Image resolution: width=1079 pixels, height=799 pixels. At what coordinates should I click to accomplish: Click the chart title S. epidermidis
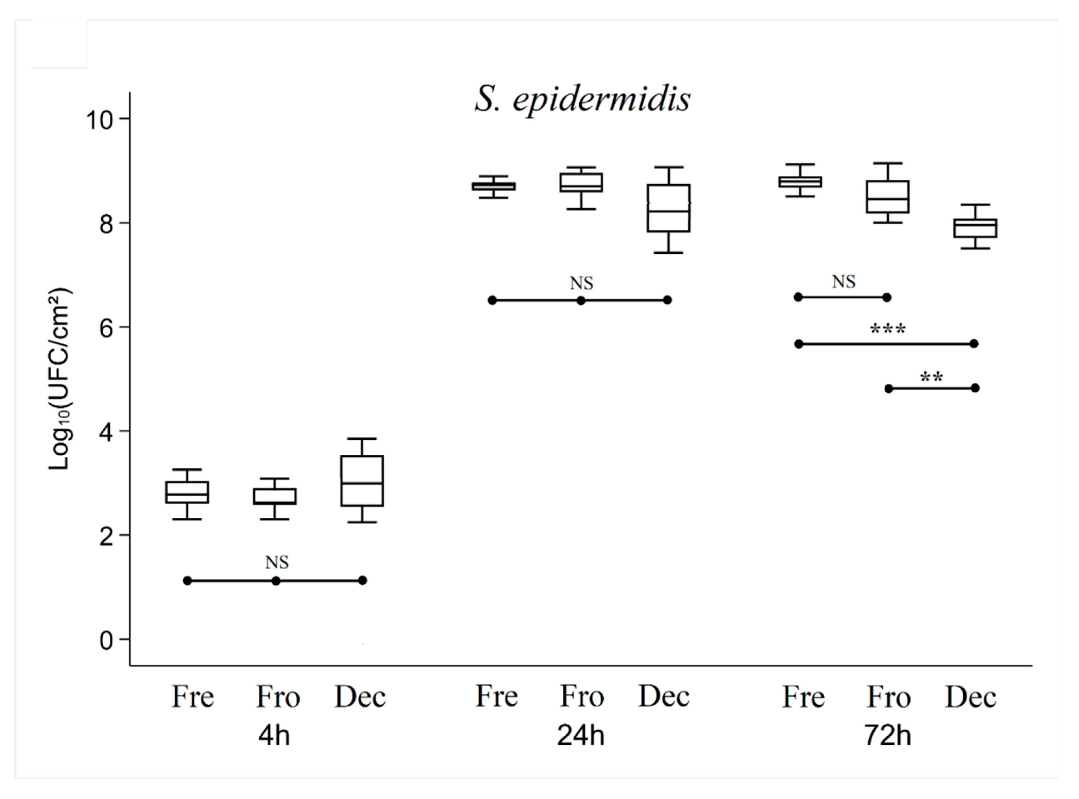click(x=583, y=100)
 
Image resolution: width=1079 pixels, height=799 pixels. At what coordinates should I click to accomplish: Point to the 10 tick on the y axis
click(x=107, y=119)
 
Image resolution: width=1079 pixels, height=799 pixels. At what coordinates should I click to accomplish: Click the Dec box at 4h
click(x=362, y=481)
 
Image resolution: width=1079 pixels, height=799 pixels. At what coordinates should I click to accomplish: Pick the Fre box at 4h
click(x=187, y=492)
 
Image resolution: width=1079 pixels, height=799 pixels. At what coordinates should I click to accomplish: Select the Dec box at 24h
click(x=669, y=208)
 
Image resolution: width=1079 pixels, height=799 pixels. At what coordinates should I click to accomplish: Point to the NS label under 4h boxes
click(x=277, y=562)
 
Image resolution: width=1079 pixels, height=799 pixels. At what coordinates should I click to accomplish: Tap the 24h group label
click(x=581, y=736)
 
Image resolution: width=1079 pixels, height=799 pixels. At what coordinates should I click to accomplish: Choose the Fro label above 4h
click(x=278, y=697)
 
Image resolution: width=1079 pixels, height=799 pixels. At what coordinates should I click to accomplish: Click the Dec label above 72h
click(x=970, y=697)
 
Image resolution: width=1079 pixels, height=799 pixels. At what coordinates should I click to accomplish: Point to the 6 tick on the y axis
click(x=107, y=327)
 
